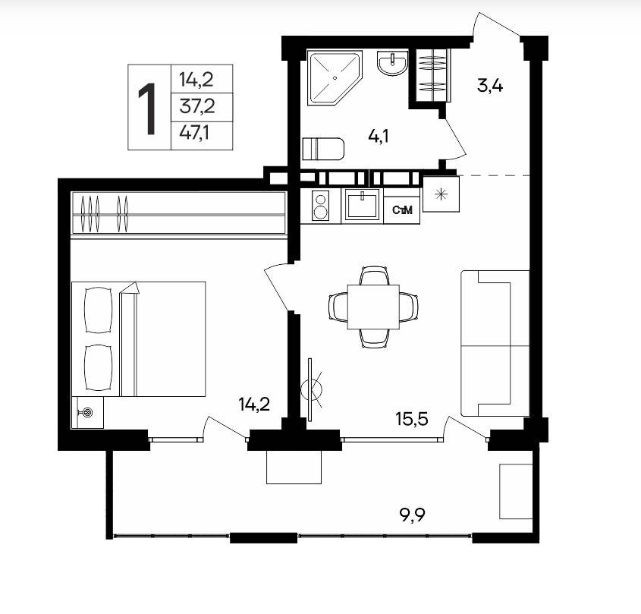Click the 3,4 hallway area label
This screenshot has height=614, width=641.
[x=490, y=87]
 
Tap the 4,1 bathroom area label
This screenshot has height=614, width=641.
[x=378, y=136]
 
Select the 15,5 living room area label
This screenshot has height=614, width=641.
[x=412, y=419]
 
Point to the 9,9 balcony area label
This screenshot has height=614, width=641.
[x=412, y=515]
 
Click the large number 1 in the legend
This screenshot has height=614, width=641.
[x=148, y=109]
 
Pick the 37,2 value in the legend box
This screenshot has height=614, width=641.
[x=197, y=107]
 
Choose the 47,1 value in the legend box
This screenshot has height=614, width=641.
[x=195, y=133]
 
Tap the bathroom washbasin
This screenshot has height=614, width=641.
[x=392, y=63]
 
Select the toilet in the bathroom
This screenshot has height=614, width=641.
[x=323, y=149]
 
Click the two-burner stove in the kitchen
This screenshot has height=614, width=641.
[x=320, y=206]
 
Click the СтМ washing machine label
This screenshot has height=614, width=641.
[x=402, y=210]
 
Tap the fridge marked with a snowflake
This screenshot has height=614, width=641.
[x=441, y=194]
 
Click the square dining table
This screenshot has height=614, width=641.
[x=373, y=307]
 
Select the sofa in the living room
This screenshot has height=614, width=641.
[x=495, y=344]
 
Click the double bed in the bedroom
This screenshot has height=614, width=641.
[x=138, y=338]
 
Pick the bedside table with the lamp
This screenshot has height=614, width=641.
[x=87, y=412]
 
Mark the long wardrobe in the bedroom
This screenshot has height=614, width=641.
[x=179, y=213]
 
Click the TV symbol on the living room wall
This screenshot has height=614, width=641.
[x=311, y=389]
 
